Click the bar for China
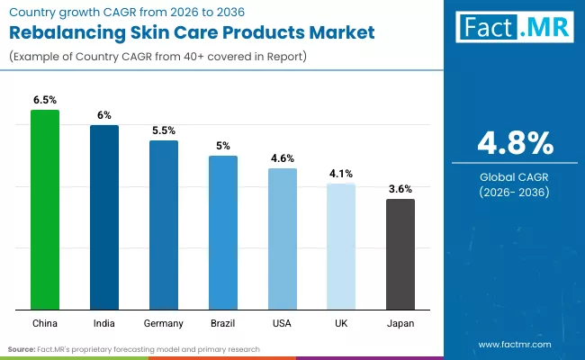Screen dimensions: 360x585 tap(45, 209)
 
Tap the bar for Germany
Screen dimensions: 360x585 tap(164, 224)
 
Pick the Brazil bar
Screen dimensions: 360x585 tap(223, 231)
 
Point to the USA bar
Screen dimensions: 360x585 tap(283, 238)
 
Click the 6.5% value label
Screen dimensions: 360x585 tap(45, 101)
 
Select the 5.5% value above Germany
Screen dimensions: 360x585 tap(164, 130)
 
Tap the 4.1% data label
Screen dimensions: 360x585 tap(341, 174)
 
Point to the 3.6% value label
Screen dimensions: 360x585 tap(400, 189)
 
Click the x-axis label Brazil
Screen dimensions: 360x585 tap(223, 323)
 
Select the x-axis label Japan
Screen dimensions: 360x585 tap(400, 323)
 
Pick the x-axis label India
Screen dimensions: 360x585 tap(104, 323)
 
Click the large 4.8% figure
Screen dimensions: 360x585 tap(515, 143)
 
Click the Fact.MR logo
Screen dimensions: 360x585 tap(515, 28)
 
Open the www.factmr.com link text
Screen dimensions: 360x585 tap(515, 345)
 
